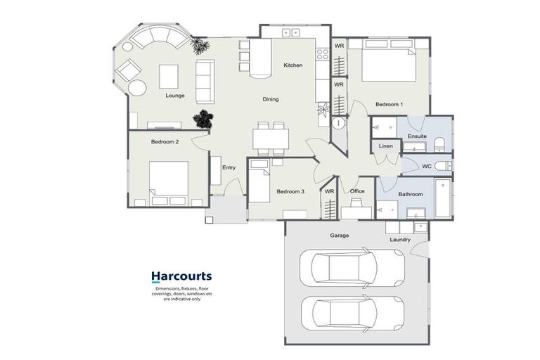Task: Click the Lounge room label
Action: (175, 95)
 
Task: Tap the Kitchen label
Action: (293, 65)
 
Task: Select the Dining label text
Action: (271, 99)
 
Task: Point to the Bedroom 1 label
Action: (389, 104)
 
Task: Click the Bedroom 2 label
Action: (165, 141)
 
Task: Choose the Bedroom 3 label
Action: (290, 191)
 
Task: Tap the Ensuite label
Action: (417, 136)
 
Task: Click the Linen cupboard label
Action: (386, 146)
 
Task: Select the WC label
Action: (426, 167)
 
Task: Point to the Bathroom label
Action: (411, 194)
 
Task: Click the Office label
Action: (357, 191)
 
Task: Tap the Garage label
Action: (339, 236)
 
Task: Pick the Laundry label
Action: (400, 240)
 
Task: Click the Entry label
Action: (229, 167)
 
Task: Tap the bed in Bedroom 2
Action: (168, 179)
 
